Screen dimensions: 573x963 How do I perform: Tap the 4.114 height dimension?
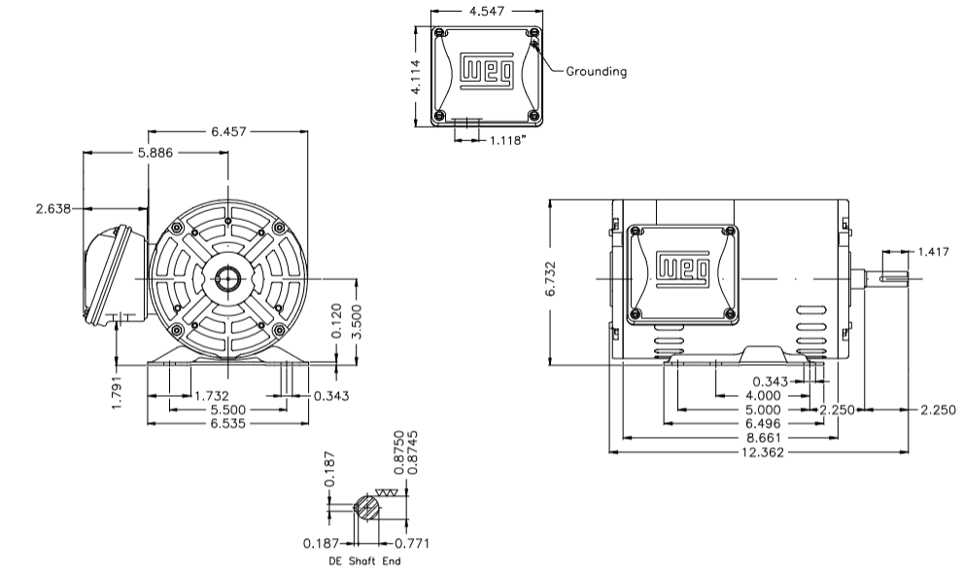tap(416, 77)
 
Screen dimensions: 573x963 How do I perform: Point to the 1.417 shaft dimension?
tap(932, 252)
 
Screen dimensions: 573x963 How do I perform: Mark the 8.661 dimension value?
tap(759, 438)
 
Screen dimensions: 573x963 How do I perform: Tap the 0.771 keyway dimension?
tap(411, 543)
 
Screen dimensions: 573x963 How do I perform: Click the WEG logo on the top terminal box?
tap(486, 71)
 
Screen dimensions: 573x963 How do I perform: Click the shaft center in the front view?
tap(227, 278)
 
